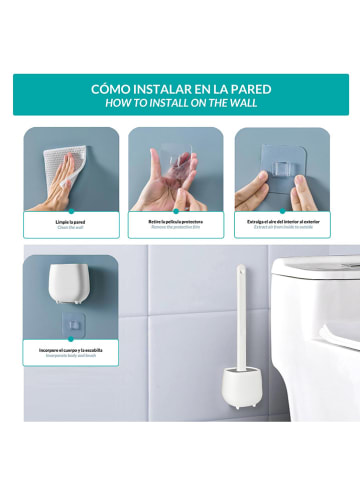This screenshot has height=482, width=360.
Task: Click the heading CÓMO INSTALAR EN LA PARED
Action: point(180,88)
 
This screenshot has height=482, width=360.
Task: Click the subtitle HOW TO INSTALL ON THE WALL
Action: point(180,102)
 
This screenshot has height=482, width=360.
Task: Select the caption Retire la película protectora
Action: point(176,221)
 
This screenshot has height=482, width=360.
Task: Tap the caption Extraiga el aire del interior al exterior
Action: point(284,221)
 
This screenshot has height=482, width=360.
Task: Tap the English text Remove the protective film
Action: point(176,228)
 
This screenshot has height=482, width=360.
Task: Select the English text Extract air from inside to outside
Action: point(284,228)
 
